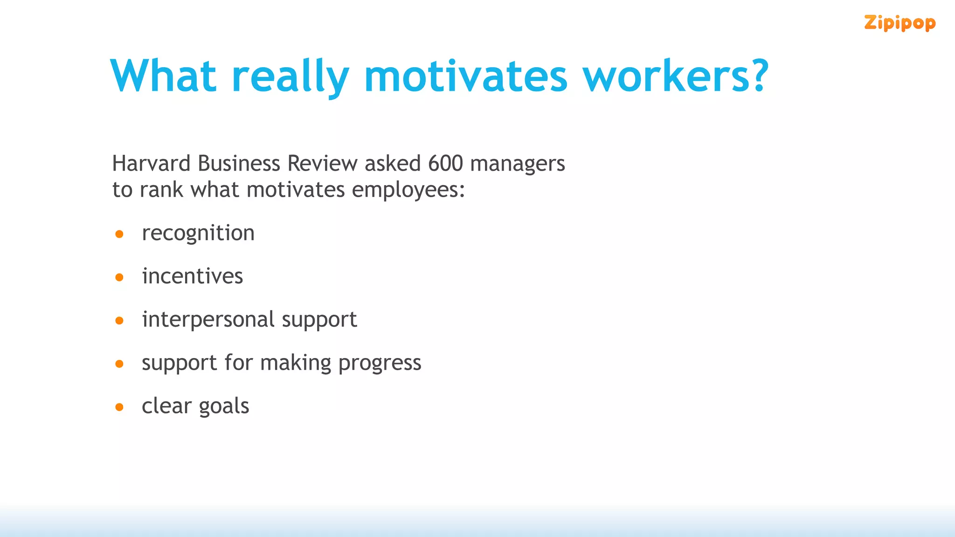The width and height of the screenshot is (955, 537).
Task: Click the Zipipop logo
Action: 899,23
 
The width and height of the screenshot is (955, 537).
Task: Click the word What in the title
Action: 163,76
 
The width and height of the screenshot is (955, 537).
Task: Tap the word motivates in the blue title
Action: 465,76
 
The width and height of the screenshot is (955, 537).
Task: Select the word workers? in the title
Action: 675,76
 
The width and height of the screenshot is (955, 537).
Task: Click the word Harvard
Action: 151,164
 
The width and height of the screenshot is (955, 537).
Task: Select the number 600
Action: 445,164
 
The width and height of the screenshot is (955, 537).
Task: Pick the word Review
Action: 322,164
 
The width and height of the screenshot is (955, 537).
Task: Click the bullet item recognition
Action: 198,233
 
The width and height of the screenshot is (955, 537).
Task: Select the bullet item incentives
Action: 193,276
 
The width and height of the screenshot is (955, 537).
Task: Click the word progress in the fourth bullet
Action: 380,364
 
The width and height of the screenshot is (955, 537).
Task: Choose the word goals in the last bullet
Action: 224,406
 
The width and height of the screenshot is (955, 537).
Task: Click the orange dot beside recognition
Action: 119,234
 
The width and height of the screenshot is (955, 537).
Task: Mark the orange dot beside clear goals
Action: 119,407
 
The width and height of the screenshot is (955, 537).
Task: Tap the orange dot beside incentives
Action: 119,277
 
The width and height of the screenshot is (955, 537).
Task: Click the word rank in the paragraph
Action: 161,190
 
